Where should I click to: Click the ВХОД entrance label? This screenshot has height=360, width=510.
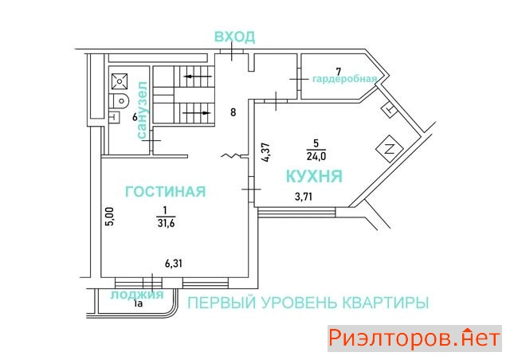coord(234,37)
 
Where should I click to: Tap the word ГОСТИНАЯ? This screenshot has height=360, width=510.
coord(164,191)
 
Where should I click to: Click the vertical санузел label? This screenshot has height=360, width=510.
coord(143,111)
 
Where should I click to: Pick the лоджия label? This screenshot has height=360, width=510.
coord(138,294)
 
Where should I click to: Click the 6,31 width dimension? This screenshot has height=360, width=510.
coord(177,264)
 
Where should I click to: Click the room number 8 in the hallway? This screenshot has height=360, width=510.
coord(233,112)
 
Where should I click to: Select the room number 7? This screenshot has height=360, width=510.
coord(338,71)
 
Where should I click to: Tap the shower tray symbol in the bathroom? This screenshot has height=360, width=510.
coord(120,80)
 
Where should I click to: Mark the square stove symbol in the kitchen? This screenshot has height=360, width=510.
coord(390,147)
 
